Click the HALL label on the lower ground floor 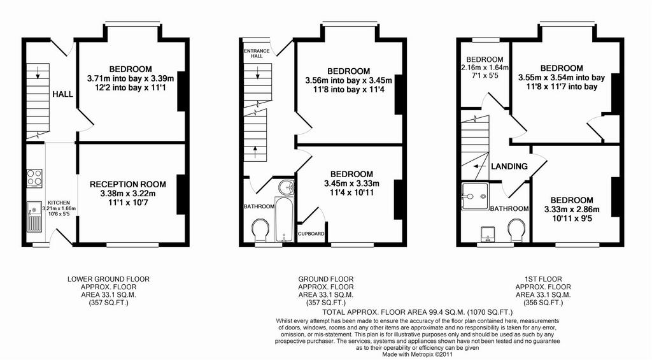[62, 94]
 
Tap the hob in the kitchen [34, 177]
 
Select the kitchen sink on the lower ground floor [34, 217]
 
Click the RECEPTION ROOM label [127, 184]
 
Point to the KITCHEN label [59, 203]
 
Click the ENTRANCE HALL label [257, 54]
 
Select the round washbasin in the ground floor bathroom [285, 187]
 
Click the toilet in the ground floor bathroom [260, 230]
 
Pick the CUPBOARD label [311, 234]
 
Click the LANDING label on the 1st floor [509, 166]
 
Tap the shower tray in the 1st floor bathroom [474, 196]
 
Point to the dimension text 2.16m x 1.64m [485, 67]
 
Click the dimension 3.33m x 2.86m [572, 210]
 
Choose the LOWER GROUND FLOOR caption [108, 279]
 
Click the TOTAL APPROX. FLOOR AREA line [418, 312]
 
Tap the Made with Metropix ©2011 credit [418, 355]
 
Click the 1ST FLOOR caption [543, 279]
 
